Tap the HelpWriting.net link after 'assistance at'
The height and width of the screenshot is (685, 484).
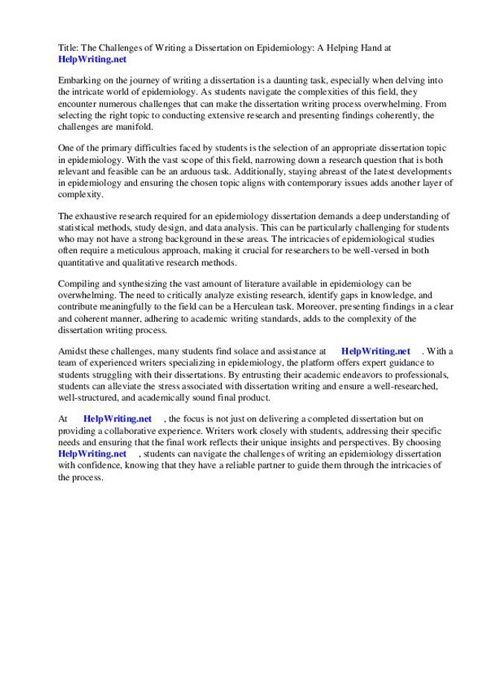point(375,351)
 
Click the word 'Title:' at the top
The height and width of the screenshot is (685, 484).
point(70,46)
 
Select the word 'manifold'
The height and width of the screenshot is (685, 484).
point(138,127)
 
